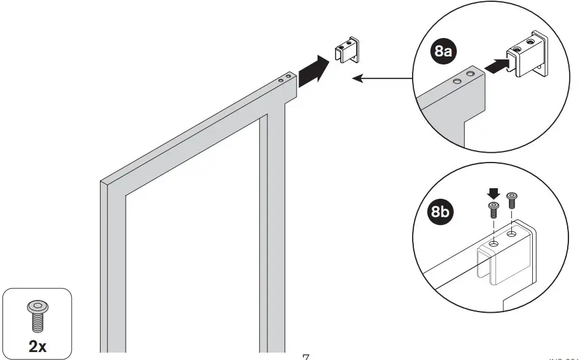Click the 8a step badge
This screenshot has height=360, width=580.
point(443,52)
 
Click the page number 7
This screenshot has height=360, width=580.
point(305,356)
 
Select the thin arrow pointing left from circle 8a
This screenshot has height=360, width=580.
point(383,79)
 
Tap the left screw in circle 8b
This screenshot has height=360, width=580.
point(492,210)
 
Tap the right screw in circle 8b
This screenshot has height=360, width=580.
point(512,200)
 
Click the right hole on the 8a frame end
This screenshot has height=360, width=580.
point(471,74)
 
